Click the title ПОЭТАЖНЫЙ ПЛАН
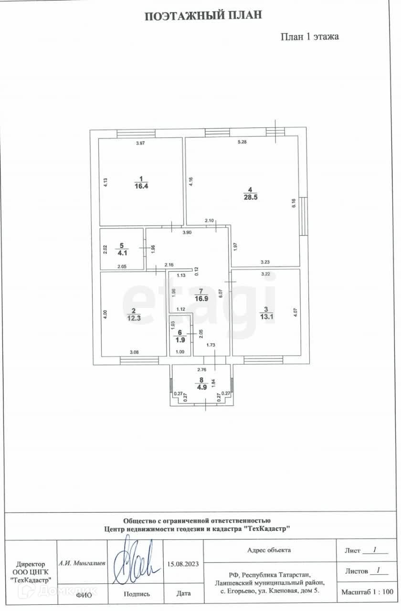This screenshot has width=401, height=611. pyautogui.click(x=203, y=16)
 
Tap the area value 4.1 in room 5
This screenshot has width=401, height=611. pyautogui.click(x=121, y=254)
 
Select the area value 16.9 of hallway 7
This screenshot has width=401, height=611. pyautogui.click(x=201, y=299)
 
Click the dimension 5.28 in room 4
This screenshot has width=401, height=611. pyautogui.click(x=242, y=142)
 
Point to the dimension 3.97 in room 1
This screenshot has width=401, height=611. pyautogui.click(x=140, y=144)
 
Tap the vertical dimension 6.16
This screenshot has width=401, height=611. pyautogui.click(x=294, y=203)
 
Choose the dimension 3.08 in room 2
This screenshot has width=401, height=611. pyautogui.click(x=135, y=352)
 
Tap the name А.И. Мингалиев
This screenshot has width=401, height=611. pyautogui.click(x=82, y=563)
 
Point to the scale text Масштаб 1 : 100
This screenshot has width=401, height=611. pyautogui.click(x=367, y=592)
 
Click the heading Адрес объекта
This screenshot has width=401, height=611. pyautogui.click(x=269, y=550)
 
